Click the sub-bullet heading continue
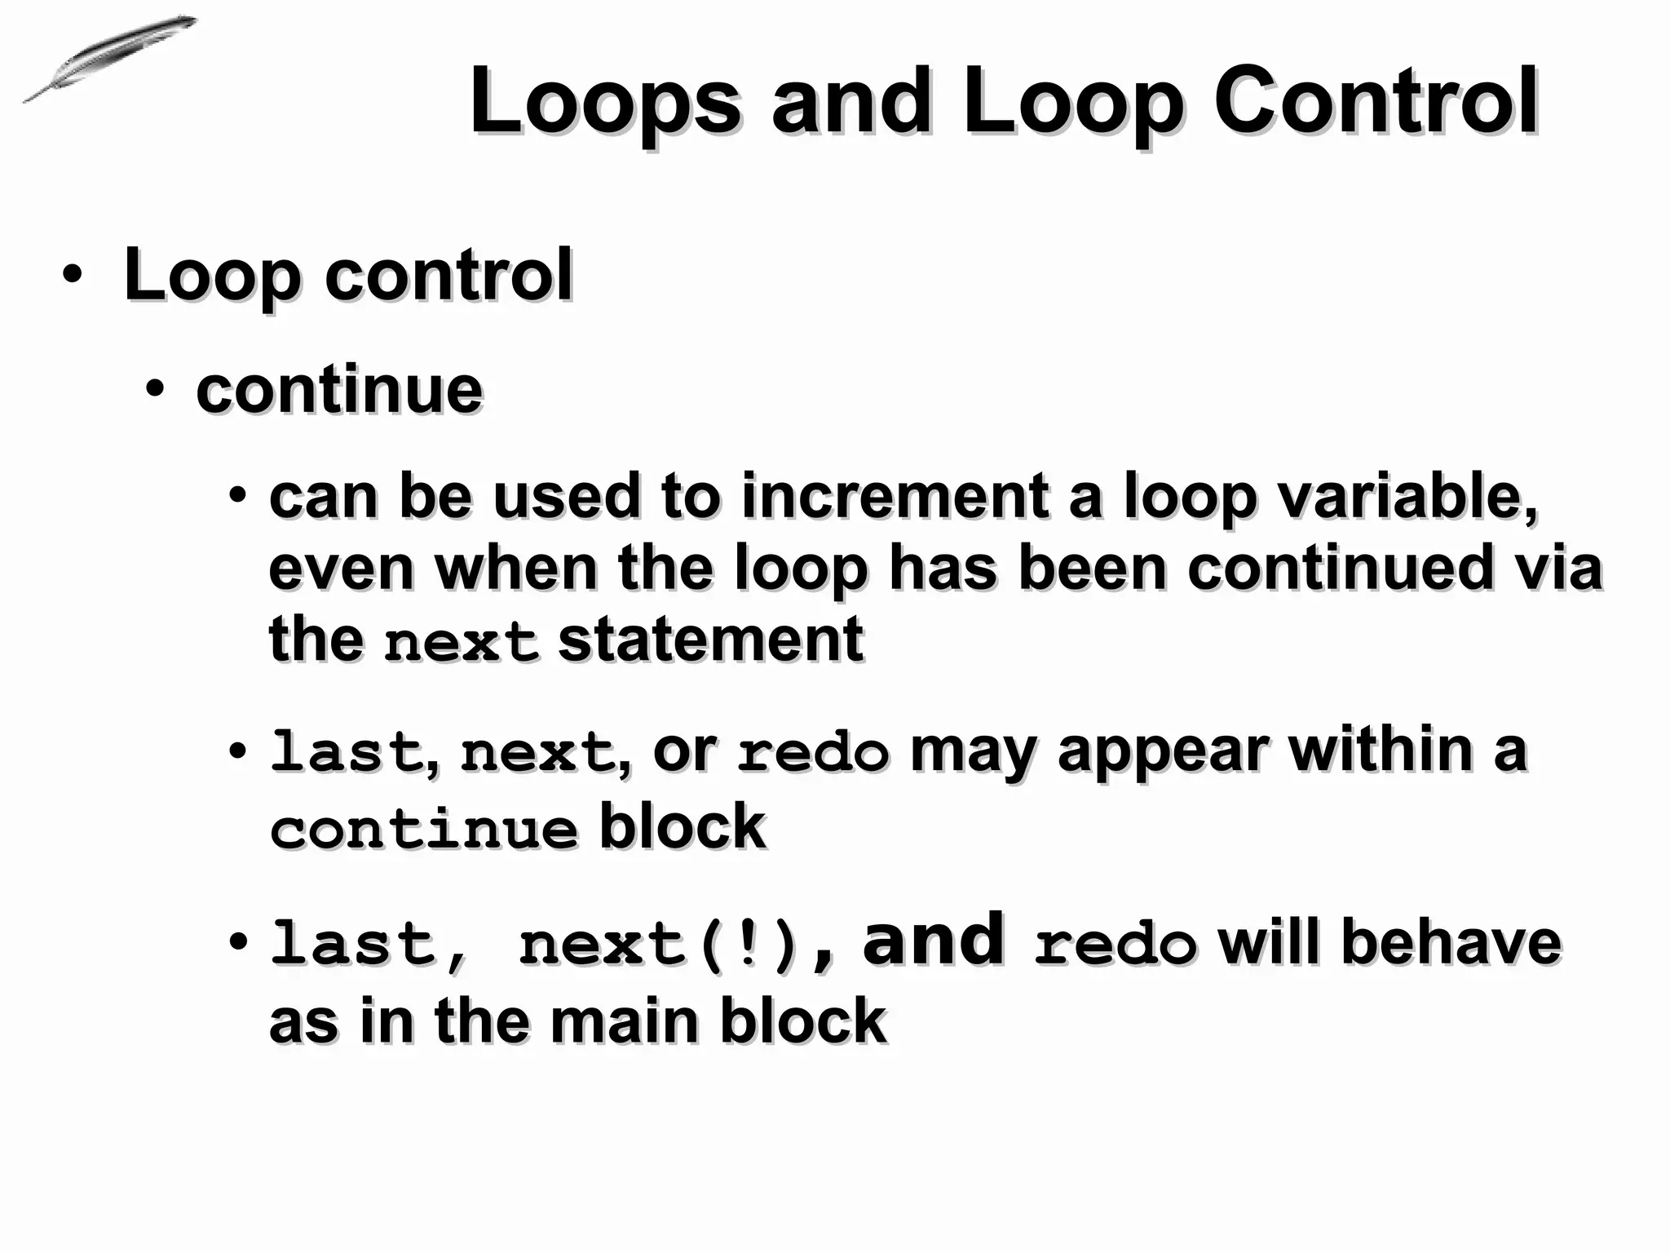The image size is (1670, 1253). click(339, 390)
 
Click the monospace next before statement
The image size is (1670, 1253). click(461, 641)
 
